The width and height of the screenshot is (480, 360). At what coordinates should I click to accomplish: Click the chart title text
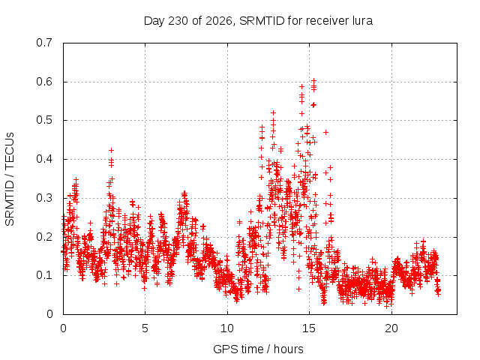point(258,21)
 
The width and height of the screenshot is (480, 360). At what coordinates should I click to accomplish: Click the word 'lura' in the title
point(363,21)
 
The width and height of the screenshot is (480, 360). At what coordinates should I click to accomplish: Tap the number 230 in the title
point(178,21)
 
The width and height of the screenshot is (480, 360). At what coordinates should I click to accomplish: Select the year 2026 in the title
point(219,21)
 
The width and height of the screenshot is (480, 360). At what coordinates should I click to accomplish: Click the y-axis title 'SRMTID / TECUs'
point(10,179)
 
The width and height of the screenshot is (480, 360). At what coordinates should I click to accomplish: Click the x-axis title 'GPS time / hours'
point(258,349)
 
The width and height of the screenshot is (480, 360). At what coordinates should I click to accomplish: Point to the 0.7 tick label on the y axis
point(44,43)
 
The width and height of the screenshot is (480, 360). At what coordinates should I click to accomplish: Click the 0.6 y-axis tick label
point(44,82)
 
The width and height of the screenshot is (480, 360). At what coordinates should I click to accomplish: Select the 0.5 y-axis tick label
point(44,120)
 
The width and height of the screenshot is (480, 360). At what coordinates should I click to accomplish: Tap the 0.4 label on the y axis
point(44,159)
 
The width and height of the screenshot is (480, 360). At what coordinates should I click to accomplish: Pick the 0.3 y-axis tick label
point(44,198)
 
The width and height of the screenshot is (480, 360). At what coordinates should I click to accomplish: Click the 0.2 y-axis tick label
point(44,237)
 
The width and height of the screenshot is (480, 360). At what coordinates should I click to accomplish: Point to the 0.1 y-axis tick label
point(44,275)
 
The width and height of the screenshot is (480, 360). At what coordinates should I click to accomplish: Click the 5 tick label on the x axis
point(145,328)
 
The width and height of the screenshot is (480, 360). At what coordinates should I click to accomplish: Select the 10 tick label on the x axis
point(227,328)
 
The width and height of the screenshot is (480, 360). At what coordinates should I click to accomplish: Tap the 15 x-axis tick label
point(309,328)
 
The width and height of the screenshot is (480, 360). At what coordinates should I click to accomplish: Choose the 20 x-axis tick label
point(391,328)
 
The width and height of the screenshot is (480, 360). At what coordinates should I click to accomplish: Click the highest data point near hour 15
point(313,80)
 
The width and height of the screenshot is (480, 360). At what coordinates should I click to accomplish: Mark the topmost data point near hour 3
point(112,150)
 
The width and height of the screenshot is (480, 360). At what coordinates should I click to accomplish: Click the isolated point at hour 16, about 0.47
point(326,132)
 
